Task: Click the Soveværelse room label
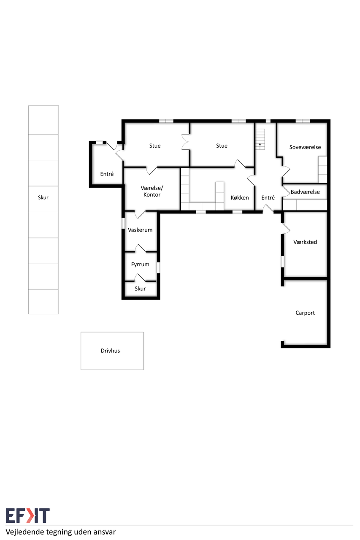[x=305, y=147]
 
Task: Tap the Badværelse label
[x=305, y=192]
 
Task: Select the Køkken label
[x=240, y=198]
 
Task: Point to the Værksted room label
[x=305, y=242]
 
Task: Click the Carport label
[x=305, y=313]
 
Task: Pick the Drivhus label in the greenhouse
[x=110, y=351]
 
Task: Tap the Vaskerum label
[x=140, y=230]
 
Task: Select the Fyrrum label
[x=140, y=265]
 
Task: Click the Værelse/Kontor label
[x=152, y=191]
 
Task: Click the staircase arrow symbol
[x=260, y=145]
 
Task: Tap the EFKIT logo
[x=28, y=516]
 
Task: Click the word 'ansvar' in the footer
[x=104, y=532]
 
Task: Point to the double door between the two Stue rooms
[x=185, y=142]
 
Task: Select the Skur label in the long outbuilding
[x=43, y=198]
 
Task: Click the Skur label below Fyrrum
[x=140, y=289]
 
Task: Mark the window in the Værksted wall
[x=282, y=262]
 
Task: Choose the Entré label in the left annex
[x=107, y=174]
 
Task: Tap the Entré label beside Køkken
[x=268, y=198]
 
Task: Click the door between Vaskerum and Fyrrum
[x=141, y=248]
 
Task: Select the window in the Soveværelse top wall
[x=303, y=121]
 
